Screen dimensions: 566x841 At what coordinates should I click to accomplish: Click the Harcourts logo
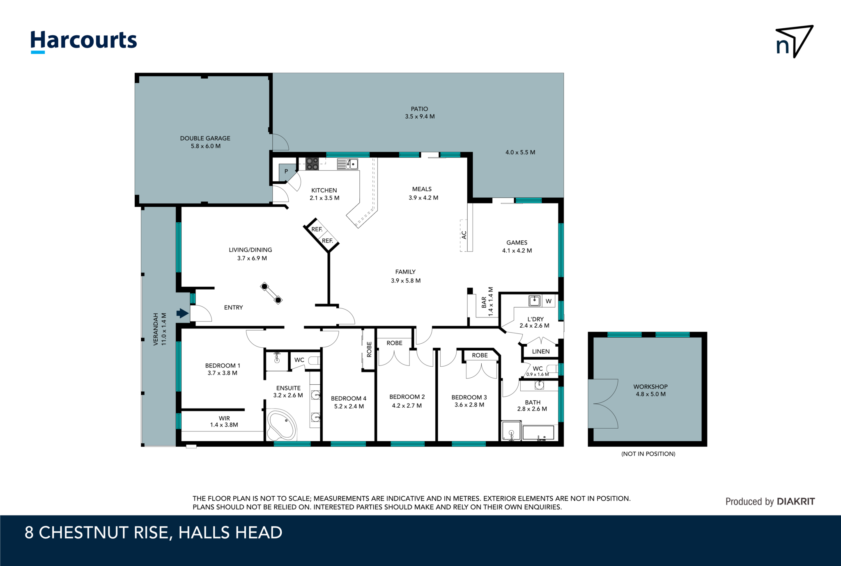click(84, 41)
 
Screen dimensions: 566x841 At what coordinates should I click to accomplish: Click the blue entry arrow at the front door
click(182, 313)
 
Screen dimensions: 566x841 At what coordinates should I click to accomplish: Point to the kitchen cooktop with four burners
click(312, 164)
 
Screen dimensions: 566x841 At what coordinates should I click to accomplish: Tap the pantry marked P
click(286, 171)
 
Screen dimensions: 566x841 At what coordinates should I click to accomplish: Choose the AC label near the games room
click(464, 235)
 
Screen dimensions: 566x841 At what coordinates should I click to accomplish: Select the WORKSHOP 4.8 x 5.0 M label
click(650, 390)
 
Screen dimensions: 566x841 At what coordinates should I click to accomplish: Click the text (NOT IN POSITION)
click(648, 454)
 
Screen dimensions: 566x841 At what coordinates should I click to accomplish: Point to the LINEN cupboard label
click(540, 351)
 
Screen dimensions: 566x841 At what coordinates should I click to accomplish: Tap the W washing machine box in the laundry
click(549, 301)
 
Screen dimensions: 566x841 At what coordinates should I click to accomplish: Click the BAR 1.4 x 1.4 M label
click(487, 302)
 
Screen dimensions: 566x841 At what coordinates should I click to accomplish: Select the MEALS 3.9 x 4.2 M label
click(423, 193)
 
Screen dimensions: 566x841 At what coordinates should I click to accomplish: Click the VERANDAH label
click(159, 329)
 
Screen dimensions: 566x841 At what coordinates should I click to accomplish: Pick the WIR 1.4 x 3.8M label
click(224, 421)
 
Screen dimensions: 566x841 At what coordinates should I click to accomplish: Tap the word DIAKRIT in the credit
click(796, 501)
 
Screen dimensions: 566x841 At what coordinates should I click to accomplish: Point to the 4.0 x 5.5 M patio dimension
click(520, 152)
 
